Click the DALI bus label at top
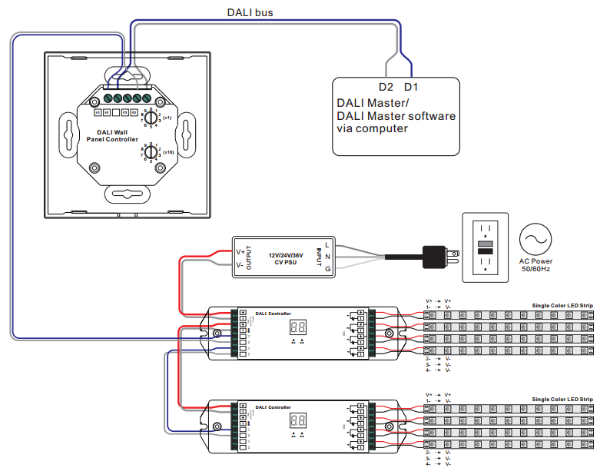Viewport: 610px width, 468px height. (x=250, y=12)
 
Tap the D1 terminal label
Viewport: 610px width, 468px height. (x=411, y=86)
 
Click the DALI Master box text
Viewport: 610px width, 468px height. (x=396, y=115)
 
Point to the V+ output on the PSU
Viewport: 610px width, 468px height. (x=240, y=251)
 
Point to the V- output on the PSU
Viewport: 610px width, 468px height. (x=240, y=265)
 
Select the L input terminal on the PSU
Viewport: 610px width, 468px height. (x=327, y=245)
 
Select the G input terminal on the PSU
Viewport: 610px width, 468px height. (x=327, y=270)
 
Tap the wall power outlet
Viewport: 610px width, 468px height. (x=484, y=247)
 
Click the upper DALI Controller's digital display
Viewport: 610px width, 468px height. (x=298, y=327)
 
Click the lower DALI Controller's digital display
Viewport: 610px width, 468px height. (x=298, y=421)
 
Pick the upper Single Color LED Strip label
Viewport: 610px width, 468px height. (x=562, y=306)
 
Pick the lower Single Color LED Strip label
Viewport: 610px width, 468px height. (x=562, y=400)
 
